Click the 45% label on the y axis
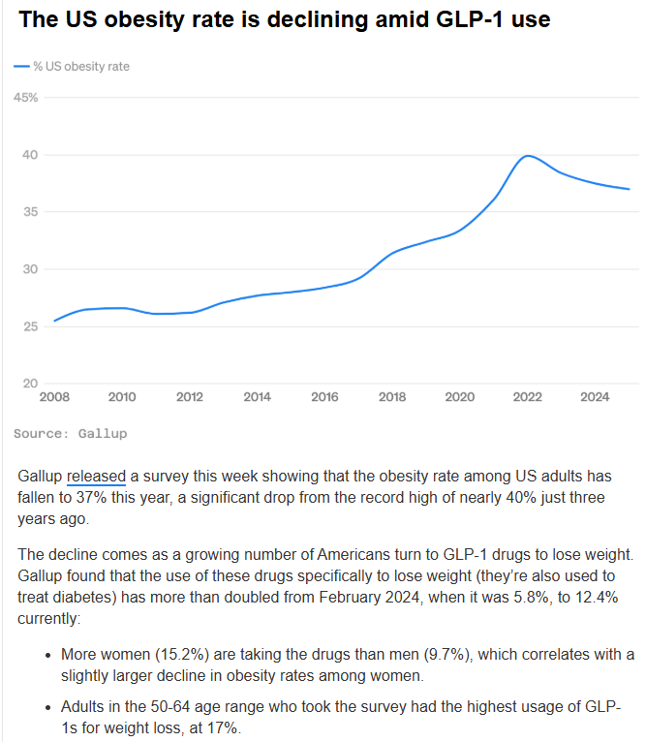tap(26, 98)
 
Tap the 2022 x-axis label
tap(527, 396)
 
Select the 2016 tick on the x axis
tap(324, 396)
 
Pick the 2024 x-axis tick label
tap(594, 396)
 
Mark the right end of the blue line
tap(630, 189)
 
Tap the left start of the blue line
tap(54, 321)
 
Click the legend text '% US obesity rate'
tap(81, 67)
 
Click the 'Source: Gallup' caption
tap(72, 433)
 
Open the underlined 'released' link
tap(97, 477)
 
